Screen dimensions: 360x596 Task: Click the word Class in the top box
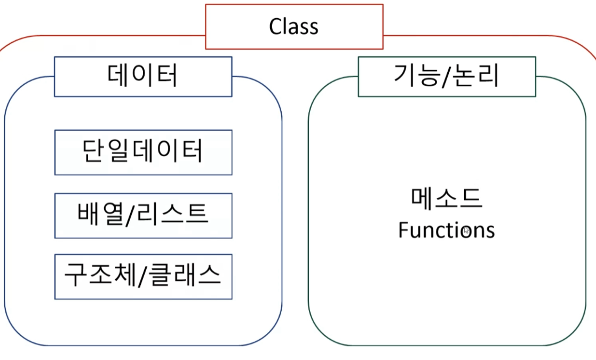[x=293, y=27]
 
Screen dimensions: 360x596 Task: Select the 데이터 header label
[x=142, y=77]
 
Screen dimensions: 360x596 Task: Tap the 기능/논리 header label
[x=446, y=77]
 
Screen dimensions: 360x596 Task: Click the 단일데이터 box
[x=143, y=152]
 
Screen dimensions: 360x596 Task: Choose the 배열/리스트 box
[x=143, y=215]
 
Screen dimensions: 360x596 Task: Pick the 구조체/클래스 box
[x=143, y=276]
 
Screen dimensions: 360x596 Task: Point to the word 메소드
[x=447, y=198]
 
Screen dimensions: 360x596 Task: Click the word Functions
[x=446, y=230]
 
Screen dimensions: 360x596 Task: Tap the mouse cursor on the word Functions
[x=467, y=231]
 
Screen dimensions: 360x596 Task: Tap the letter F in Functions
[x=403, y=230]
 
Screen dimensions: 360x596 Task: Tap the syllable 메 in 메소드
[x=423, y=198]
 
